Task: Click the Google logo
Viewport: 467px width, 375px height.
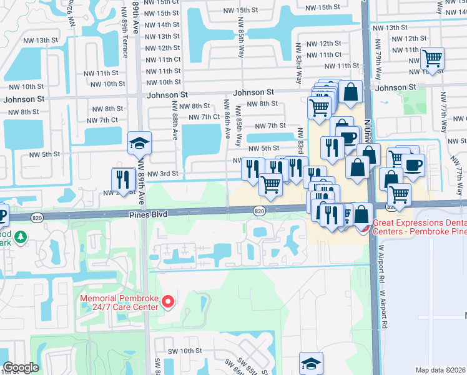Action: click(x=21, y=367)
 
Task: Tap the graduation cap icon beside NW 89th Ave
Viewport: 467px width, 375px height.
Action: click(x=140, y=143)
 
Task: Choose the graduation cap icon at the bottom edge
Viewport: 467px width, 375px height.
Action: click(x=311, y=362)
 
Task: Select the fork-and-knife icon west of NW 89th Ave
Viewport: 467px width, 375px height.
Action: click(x=122, y=179)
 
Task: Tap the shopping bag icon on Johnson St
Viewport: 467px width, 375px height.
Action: click(x=351, y=92)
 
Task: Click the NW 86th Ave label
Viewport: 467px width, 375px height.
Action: click(x=226, y=119)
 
